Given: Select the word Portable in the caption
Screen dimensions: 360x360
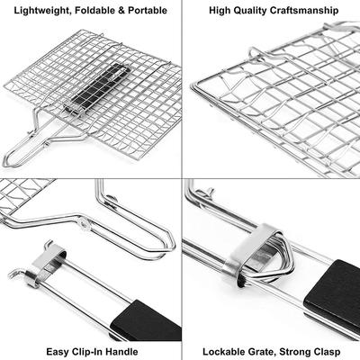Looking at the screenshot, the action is click(x=148, y=11).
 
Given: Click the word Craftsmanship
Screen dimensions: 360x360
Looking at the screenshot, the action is click(x=304, y=11).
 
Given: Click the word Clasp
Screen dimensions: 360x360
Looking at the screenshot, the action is click(x=327, y=352).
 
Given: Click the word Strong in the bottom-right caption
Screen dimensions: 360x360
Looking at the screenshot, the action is click(x=294, y=352).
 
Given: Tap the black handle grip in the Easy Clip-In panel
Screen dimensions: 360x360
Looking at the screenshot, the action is click(x=147, y=321).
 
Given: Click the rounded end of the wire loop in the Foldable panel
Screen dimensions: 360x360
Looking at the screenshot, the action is click(x=6, y=161).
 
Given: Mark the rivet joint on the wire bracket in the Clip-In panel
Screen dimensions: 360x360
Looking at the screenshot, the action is click(x=84, y=223).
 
